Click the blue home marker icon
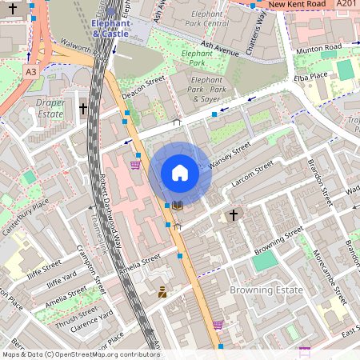tap(179, 173)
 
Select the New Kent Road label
tap(297, 5)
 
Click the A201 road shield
tap(346, 5)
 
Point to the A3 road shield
tap(30, 72)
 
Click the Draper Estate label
tap(50, 108)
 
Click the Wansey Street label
tap(229, 154)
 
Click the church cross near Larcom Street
tap(234, 215)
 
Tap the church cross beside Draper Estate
tap(82, 108)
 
